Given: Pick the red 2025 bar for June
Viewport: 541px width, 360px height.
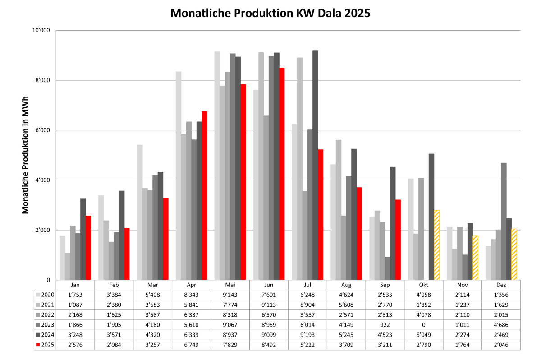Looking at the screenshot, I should click(x=282, y=174).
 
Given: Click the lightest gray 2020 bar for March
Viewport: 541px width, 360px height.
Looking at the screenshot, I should click(x=140, y=212).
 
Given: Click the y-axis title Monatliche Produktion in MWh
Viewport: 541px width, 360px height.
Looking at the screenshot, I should click(x=25, y=155).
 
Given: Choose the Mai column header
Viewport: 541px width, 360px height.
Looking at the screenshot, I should click(x=230, y=285).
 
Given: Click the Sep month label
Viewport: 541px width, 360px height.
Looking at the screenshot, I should click(x=385, y=285).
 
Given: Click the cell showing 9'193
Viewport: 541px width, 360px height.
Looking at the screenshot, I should click(x=307, y=335).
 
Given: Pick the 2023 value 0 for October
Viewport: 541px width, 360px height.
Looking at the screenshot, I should click(x=424, y=325).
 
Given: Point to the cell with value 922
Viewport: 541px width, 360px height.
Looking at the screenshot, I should click(x=385, y=325).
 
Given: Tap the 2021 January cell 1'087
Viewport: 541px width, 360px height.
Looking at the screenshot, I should click(x=75, y=305).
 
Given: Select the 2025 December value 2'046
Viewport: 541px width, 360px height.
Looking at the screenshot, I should click(x=501, y=345).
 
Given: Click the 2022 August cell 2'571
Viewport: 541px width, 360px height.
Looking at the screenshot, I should click(x=346, y=315).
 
